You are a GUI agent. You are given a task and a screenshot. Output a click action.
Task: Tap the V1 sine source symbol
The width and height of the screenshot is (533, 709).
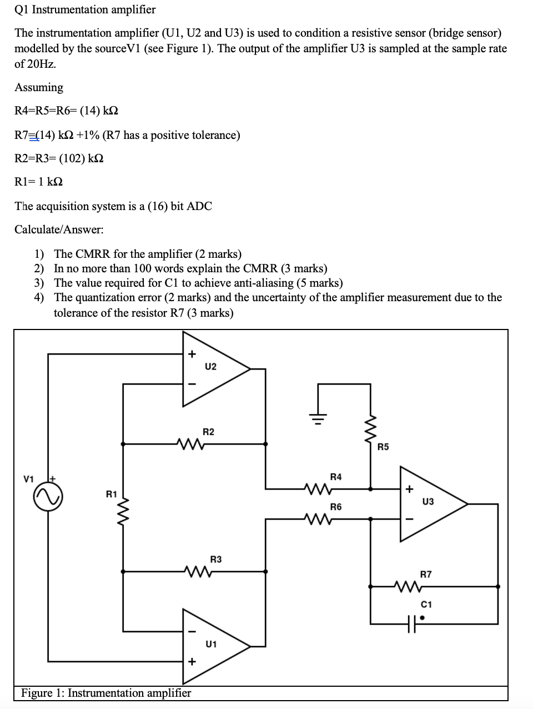pyautogui.click(x=48, y=496)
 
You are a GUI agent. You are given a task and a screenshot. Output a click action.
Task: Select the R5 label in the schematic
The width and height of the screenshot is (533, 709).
pyautogui.click(x=383, y=446)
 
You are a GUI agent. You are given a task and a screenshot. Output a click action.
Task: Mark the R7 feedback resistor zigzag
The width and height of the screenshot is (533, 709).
pyautogui.click(x=409, y=586)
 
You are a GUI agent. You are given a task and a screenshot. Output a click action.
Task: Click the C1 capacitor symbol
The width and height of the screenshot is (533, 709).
pyautogui.click(x=411, y=623)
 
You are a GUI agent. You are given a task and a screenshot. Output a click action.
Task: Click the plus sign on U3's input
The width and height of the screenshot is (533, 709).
pyautogui.click(x=410, y=490)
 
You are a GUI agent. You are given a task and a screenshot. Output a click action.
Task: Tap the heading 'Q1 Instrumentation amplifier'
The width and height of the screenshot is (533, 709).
pyautogui.click(x=85, y=9)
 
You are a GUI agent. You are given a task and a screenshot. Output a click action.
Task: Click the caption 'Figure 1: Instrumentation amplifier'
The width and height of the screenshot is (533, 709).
pyautogui.click(x=106, y=693)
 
